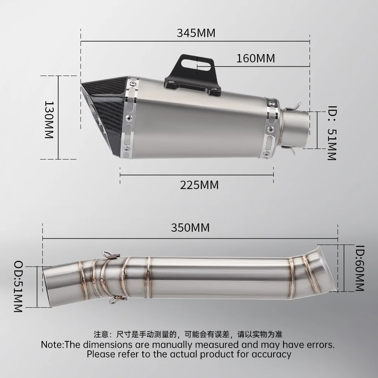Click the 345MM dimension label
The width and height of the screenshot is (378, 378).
196,33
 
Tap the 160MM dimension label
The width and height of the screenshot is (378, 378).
256,59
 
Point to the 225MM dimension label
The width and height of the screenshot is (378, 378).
199,185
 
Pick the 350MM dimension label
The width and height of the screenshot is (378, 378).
190,228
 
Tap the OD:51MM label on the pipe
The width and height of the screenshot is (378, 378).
18,286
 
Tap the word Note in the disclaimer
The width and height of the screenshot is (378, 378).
53,345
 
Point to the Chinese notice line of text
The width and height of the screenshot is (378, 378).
188,334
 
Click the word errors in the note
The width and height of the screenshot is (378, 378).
320,345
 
